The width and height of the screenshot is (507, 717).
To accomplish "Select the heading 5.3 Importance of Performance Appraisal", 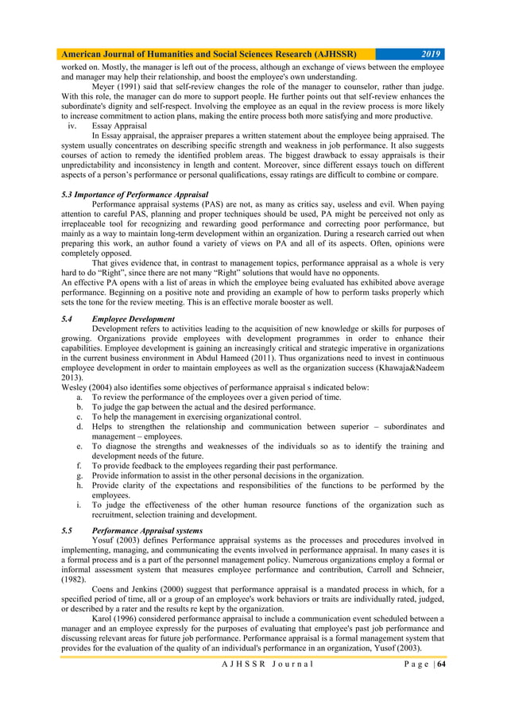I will click(135, 194).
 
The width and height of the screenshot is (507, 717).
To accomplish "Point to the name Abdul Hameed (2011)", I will click(258, 358).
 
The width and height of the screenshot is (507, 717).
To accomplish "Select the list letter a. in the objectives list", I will click(80, 397).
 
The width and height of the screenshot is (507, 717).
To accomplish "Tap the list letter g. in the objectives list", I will click(80, 475).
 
